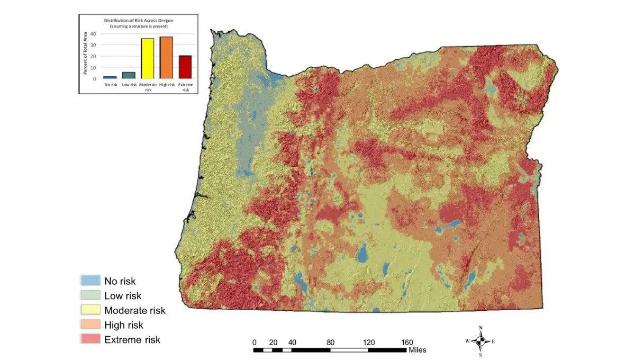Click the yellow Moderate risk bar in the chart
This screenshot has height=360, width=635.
coord(147,59)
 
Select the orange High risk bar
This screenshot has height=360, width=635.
coord(166,58)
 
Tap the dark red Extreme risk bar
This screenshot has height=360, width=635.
coord(185,67)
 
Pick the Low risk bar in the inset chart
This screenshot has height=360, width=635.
coord(129,75)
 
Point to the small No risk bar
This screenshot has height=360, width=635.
coord(110,77)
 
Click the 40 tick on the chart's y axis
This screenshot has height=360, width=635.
coord(93,33)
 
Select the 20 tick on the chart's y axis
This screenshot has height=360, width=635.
coord(93,56)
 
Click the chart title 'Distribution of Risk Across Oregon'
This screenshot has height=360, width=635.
coord(139,20)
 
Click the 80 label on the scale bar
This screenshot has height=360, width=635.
coord(331,342)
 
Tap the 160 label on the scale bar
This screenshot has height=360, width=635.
coord(407,342)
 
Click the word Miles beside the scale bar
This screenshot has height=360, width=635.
coord(417,350)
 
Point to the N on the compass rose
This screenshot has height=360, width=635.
coord(480,328)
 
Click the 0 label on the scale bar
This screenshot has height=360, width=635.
coord(255,342)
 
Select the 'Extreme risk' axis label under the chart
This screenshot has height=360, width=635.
coord(185,87)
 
